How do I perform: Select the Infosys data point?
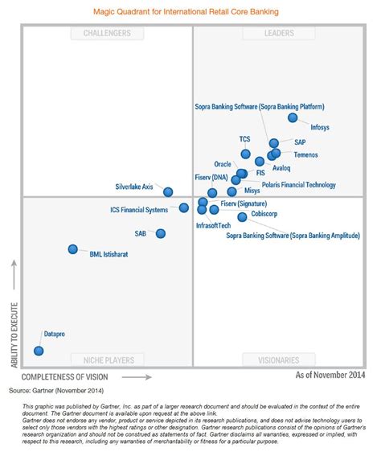tap(293, 118)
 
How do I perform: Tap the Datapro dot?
tap(39, 350)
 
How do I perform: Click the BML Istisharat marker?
tap(73, 249)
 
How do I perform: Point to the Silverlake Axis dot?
tap(168, 191)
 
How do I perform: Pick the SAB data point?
tap(161, 233)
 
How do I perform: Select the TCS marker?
tap(246, 154)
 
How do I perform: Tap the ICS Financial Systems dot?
tap(184, 207)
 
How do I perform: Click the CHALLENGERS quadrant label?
tap(107, 33)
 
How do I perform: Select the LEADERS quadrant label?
tap(278, 33)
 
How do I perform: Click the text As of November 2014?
tap(330, 376)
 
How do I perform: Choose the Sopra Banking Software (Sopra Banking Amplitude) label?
tap(292, 236)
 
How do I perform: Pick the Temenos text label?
tap(305, 154)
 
